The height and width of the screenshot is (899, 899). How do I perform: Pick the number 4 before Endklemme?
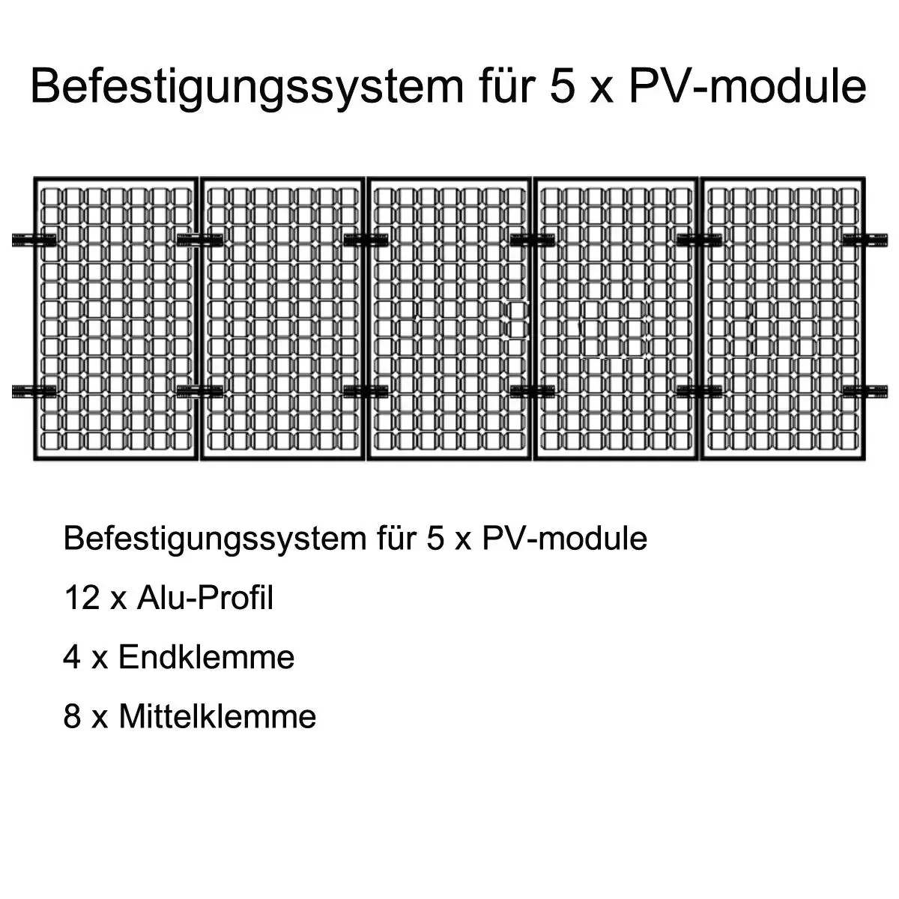tap(72, 657)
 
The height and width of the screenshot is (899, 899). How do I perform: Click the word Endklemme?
tap(206, 657)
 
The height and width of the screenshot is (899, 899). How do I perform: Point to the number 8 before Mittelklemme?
tap(72, 717)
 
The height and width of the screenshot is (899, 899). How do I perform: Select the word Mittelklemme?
tap(217, 717)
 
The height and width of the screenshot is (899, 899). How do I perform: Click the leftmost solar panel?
tap(115, 318)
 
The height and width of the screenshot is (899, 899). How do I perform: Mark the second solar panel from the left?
tap(282, 318)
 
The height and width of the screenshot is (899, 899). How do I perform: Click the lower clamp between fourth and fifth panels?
tap(698, 391)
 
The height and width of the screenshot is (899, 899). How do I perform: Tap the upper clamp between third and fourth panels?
tap(532, 240)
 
